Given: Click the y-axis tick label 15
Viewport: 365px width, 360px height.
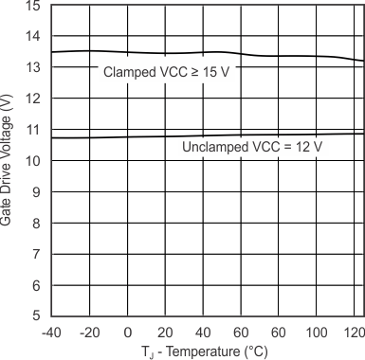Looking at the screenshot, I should coord(33,6).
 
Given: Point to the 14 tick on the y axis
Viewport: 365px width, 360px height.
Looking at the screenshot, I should coord(33,36).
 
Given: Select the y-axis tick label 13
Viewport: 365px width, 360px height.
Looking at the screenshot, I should coord(33,67).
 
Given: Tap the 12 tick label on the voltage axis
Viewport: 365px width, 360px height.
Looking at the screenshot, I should coord(33,99).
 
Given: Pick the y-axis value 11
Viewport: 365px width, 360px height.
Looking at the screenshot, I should coord(33,130).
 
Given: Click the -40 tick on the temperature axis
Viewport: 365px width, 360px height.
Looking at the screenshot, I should coord(51,333).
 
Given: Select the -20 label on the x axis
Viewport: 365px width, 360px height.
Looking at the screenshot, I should coord(89,333).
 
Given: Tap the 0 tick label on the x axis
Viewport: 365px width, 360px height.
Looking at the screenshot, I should coord(128,333).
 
